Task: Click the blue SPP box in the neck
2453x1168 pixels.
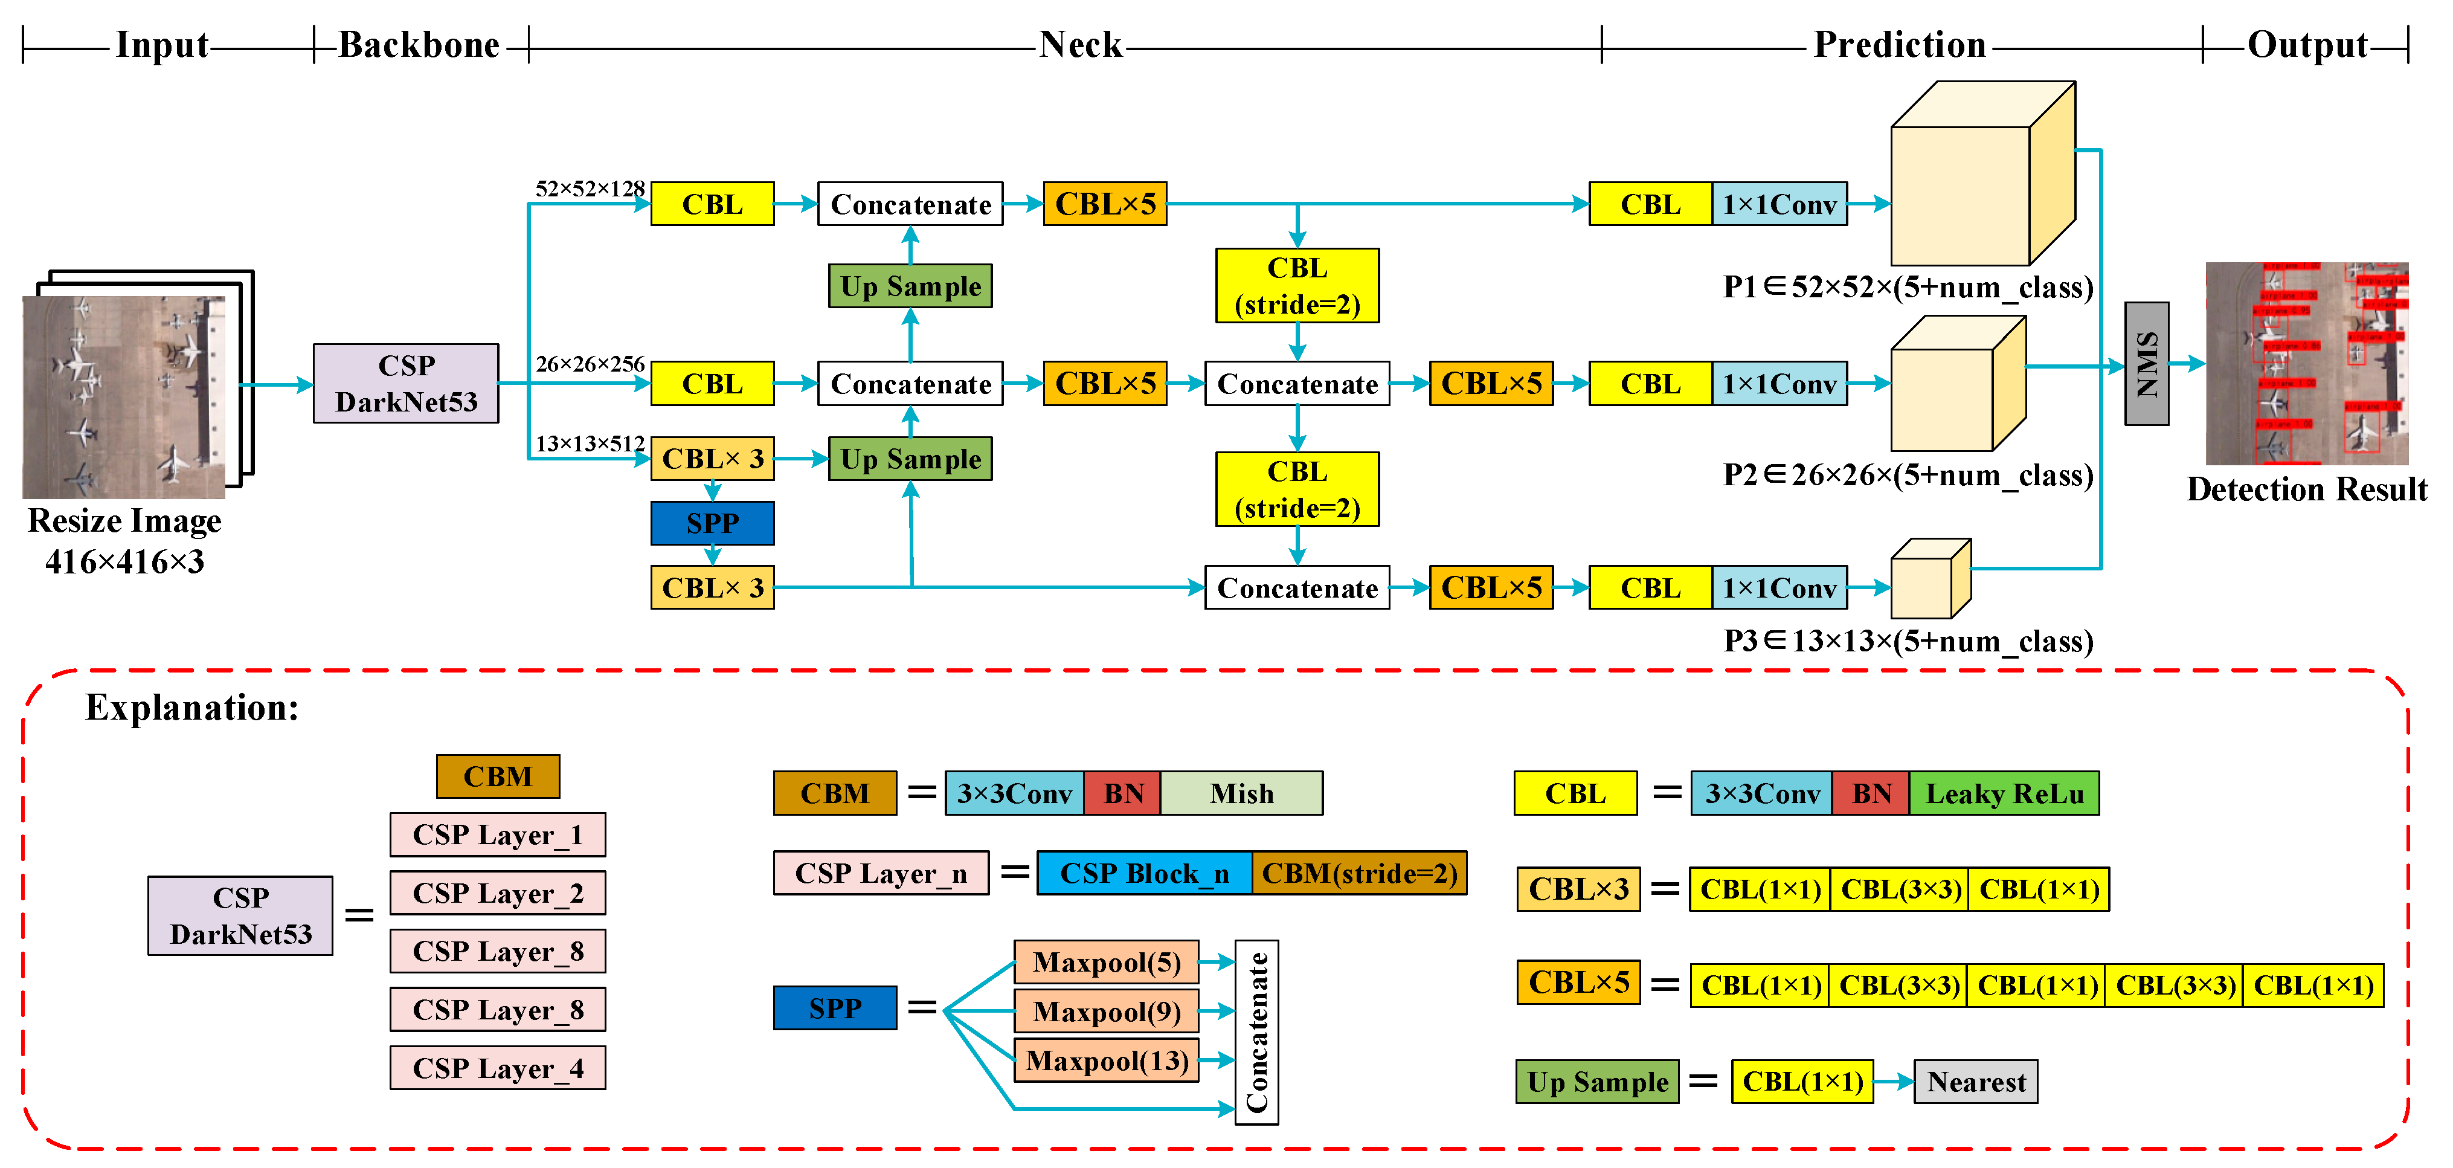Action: (712, 523)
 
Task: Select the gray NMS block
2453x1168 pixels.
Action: (2146, 364)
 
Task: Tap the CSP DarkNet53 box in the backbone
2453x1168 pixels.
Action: (406, 383)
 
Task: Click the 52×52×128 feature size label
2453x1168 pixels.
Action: (590, 189)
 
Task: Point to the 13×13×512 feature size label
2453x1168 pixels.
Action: (590, 444)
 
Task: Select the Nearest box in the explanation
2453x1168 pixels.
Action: (1975, 1082)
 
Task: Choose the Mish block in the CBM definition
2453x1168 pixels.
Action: (1241, 793)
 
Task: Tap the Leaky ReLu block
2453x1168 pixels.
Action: (2004, 793)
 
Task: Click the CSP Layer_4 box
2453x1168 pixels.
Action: (497, 1068)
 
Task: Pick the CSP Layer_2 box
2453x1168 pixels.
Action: (497, 892)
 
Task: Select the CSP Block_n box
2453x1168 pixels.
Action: (1143, 873)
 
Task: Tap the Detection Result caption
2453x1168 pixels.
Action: (2306, 489)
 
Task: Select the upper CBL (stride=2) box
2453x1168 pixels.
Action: (1297, 286)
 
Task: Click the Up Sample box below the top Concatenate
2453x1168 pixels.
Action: (910, 286)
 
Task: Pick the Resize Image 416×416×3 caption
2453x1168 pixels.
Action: (125, 540)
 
